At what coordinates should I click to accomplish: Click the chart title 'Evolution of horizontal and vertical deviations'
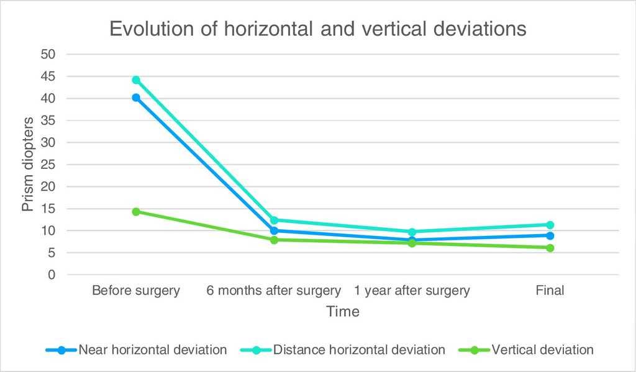coord(318,29)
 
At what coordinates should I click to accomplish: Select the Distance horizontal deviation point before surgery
coord(136,79)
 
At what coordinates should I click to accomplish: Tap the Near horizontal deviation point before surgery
coord(136,98)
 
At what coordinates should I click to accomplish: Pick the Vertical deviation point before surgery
coord(136,211)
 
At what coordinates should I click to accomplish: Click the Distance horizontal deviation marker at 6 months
coord(274,220)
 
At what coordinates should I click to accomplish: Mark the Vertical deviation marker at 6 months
coord(274,240)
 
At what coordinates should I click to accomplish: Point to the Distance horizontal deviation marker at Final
coord(550,225)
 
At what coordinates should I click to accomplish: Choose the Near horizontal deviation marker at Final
coord(550,235)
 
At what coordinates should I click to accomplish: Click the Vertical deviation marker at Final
coord(550,248)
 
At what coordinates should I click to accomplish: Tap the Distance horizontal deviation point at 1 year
coord(412,232)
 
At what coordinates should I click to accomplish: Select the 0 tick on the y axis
coord(53,275)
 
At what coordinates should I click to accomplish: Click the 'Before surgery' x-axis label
coord(136,291)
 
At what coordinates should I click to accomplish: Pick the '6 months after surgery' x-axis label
coord(274,291)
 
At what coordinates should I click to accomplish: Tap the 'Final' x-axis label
coord(550,291)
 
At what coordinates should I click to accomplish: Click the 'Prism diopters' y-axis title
coord(29,165)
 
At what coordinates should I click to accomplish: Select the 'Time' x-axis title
coord(343,312)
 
